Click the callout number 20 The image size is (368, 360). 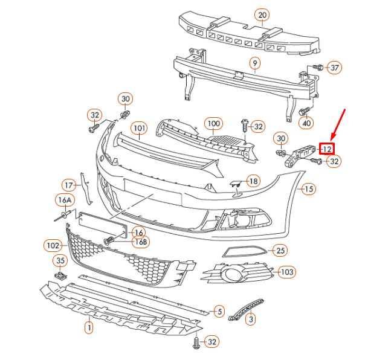pyautogui.click(x=262, y=14)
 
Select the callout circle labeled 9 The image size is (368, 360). pyautogui.click(x=255, y=63)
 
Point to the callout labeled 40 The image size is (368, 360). pyautogui.click(x=307, y=123)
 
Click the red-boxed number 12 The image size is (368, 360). pyautogui.click(x=326, y=148)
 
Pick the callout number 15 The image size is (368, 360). pyautogui.click(x=309, y=189)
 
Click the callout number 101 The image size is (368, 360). pyautogui.click(x=140, y=129)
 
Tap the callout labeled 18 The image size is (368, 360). pyautogui.click(x=253, y=181)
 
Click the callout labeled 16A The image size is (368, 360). pyautogui.click(x=65, y=200)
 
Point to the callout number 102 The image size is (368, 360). pyautogui.click(x=53, y=245)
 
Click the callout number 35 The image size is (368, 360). pyautogui.click(x=60, y=261)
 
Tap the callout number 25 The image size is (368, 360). pyautogui.click(x=279, y=249)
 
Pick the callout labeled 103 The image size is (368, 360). pyautogui.click(x=287, y=272)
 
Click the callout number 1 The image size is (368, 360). pyautogui.click(x=88, y=328)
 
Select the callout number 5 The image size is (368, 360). pyautogui.click(x=219, y=311)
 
